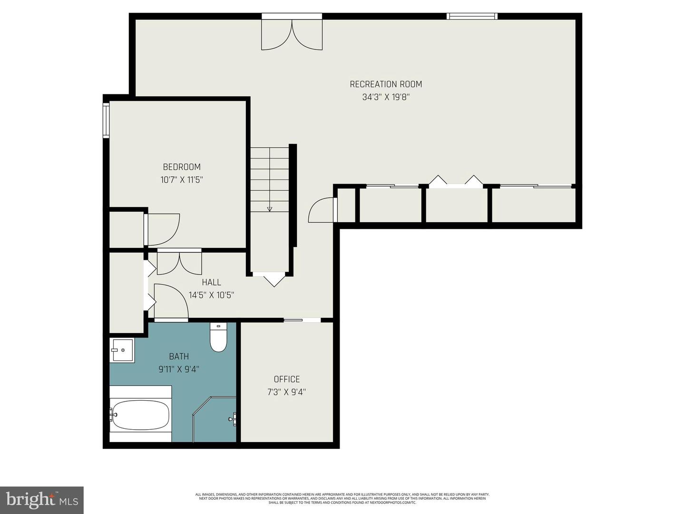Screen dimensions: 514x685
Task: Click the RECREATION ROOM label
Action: (386, 84)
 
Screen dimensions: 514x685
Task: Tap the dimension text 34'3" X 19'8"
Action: (386, 97)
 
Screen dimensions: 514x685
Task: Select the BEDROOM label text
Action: (182, 167)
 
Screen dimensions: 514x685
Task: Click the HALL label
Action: (211, 282)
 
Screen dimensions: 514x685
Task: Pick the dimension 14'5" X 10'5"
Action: (211, 295)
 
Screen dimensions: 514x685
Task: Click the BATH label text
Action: (179, 356)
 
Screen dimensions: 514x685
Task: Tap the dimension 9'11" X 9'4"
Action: (179, 369)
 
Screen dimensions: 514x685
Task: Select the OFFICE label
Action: (287, 379)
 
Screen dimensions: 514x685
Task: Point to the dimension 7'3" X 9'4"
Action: (287, 392)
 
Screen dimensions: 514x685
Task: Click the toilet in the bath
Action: (218, 337)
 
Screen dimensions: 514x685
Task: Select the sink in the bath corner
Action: (122, 350)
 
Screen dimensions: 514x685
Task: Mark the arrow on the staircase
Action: (270, 208)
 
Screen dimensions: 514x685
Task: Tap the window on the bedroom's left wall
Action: (106, 121)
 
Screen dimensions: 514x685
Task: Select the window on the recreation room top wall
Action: (472, 16)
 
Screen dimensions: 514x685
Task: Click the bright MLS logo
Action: (41, 500)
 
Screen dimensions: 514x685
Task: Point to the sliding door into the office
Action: (302, 320)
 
